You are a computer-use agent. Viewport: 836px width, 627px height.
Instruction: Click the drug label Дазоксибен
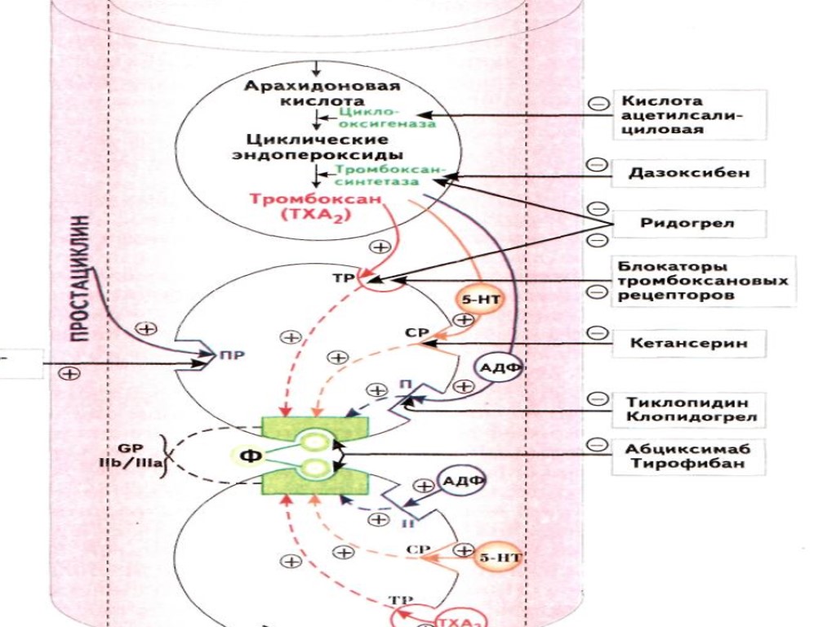(x=688, y=173)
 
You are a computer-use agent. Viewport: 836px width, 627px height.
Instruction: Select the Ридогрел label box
(x=687, y=223)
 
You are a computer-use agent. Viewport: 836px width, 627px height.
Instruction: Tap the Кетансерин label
(x=687, y=343)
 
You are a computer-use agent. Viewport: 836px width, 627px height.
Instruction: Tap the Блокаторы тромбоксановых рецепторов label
(x=702, y=281)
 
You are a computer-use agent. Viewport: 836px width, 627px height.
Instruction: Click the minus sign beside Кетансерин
(x=598, y=333)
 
